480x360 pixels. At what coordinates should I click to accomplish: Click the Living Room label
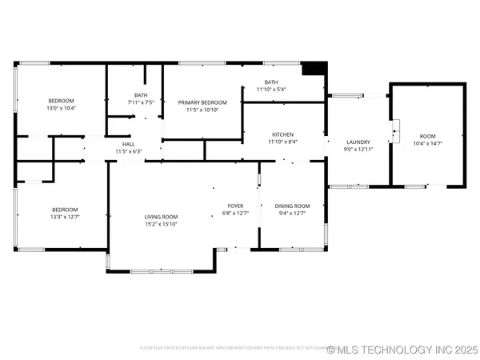[161, 217]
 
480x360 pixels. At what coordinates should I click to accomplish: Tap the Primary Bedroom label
[202, 102]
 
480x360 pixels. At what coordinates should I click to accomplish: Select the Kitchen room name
[282, 134]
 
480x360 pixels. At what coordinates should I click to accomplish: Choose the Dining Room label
[292, 206]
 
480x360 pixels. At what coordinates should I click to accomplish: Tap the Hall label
[128, 144]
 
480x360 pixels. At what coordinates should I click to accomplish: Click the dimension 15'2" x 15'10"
[161, 224]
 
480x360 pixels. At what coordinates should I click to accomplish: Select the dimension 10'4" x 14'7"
[426, 144]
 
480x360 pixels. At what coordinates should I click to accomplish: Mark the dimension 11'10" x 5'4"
[271, 89]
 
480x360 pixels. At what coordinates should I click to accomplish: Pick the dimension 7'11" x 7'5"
[141, 103]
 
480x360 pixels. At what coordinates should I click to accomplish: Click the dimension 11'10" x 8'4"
[282, 142]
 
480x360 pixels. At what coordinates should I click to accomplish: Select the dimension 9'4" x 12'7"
[292, 213]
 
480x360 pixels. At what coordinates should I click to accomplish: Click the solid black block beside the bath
[318, 68]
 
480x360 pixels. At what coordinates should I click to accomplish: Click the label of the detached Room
[426, 137]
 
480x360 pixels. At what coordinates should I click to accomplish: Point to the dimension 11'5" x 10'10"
[202, 110]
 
